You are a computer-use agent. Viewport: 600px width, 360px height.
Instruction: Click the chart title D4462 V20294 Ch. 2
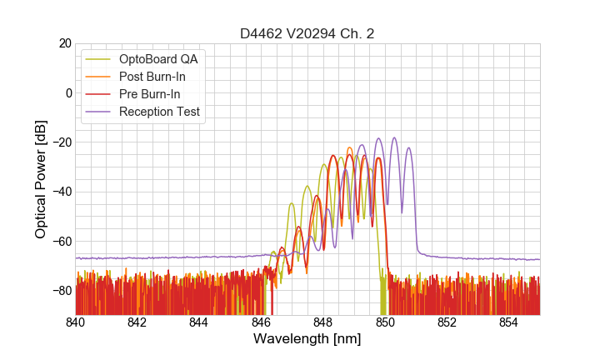307,34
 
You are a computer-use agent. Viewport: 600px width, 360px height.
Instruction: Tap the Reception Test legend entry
159,112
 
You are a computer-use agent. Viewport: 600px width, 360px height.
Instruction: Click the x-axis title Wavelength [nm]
307,339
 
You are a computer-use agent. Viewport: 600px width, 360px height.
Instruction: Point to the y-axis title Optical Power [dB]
41,178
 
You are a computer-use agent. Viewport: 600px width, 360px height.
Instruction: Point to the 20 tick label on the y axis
63,43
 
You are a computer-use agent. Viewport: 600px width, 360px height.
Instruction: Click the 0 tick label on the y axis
67,92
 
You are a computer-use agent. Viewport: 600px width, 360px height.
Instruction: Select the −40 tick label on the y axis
60,192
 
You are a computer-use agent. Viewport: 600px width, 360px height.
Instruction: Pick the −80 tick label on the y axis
60,291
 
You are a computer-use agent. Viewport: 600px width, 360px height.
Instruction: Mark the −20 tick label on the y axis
60,142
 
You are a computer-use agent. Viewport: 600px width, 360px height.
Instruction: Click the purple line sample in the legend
99,112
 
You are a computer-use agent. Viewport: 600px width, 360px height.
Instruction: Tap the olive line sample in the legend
99,59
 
